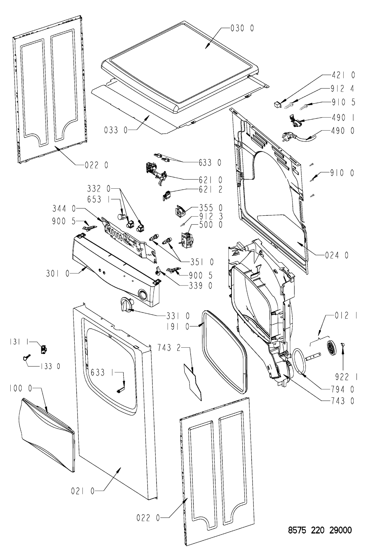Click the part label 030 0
[x=242, y=28]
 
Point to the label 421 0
[x=343, y=75]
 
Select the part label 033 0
[x=116, y=130]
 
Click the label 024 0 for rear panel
[x=337, y=255]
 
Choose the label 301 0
[x=58, y=273]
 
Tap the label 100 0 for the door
[x=21, y=388]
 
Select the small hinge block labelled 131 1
[x=44, y=349]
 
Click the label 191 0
[x=177, y=327]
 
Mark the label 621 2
[x=211, y=190]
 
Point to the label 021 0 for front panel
[x=83, y=491]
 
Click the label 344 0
[x=64, y=209]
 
